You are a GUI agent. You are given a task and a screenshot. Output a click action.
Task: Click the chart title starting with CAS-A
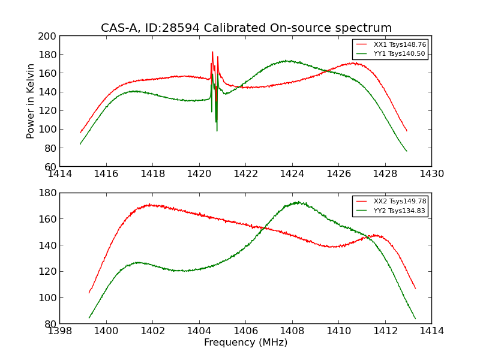(x=246, y=28)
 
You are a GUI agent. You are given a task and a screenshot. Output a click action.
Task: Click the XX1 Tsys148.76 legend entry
(x=399, y=44)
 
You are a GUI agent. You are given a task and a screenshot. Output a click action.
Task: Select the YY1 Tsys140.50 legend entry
(x=399, y=54)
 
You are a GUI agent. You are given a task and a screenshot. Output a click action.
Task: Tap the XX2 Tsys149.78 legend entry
(x=399, y=202)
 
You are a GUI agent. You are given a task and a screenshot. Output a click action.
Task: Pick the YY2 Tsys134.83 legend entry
(x=399, y=211)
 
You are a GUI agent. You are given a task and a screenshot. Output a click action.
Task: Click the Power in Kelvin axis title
(x=31, y=101)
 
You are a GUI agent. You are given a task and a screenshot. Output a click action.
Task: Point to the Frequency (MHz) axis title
(x=245, y=343)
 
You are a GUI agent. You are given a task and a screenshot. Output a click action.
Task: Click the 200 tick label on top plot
(x=49, y=36)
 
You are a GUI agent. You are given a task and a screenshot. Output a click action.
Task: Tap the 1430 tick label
(x=431, y=174)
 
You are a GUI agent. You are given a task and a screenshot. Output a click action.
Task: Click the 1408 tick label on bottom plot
(x=292, y=331)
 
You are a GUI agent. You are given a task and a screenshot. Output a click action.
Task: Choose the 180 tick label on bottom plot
(x=49, y=193)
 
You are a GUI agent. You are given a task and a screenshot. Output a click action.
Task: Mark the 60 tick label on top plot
(x=51, y=166)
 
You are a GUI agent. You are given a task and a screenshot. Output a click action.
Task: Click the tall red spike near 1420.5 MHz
(x=212, y=52)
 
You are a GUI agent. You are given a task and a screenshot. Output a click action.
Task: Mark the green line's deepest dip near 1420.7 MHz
(x=217, y=130)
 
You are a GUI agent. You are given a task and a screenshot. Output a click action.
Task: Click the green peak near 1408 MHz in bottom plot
(x=298, y=202)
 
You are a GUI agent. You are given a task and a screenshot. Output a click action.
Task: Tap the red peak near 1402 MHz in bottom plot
(x=150, y=205)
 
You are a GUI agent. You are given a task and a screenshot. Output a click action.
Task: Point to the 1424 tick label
(x=292, y=174)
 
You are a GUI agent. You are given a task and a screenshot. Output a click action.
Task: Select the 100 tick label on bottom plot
(x=49, y=298)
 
